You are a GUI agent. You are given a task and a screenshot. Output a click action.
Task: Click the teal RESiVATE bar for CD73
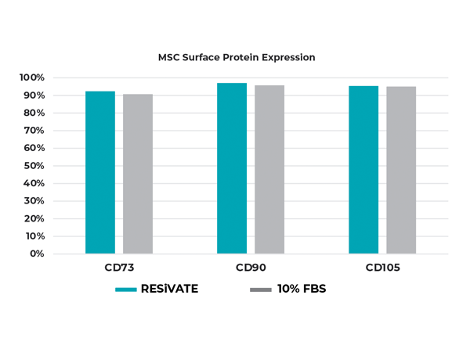tap(100, 172)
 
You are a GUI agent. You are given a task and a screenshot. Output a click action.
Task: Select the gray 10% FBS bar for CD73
tap(138, 174)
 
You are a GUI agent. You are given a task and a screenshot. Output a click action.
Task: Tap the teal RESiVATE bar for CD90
tap(232, 168)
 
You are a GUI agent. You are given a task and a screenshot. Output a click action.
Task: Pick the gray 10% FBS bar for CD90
tap(269, 169)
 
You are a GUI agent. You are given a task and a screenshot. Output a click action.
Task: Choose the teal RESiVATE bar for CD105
tap(363, 170)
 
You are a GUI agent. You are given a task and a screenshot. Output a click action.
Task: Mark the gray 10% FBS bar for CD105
tap(401, 170)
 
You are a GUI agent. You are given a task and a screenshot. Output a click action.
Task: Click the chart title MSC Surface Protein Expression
tap(237, 57)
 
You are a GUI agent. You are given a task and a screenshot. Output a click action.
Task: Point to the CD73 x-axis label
tap(119, 268)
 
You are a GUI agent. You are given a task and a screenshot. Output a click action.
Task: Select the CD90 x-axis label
tap(251, 268)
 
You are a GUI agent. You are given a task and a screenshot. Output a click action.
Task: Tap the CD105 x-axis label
tap(383, 268)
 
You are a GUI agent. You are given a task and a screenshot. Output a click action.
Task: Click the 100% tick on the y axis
tap(32, 77)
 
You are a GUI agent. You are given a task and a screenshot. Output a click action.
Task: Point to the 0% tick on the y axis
tap(37, 254)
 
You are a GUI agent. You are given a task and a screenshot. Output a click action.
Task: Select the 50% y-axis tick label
tap(34, 166)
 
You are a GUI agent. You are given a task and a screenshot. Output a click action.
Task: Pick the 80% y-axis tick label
tap(34, 113)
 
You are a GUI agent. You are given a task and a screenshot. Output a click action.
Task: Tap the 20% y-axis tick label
tap(34, 218)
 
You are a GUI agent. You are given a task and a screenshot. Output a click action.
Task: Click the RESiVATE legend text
tap(169, 289)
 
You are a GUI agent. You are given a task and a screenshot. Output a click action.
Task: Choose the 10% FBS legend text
tap(302, 289)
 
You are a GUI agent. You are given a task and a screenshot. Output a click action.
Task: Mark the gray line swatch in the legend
tap(260, 290)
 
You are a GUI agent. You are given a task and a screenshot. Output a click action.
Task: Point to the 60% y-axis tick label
tap(34, 148)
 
